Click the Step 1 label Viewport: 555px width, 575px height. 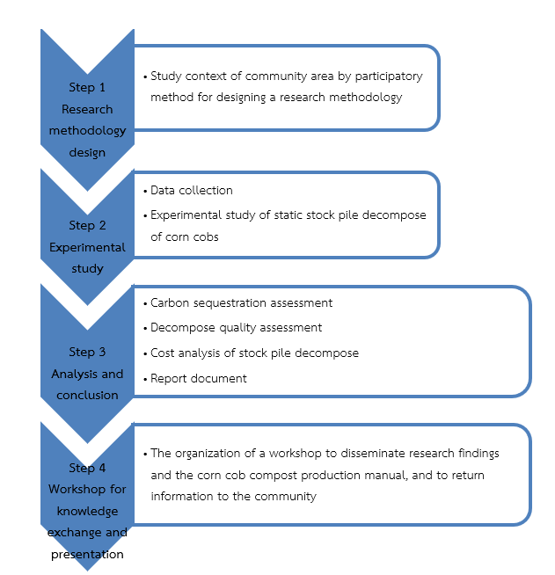[x=87, y=88]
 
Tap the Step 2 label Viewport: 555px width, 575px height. [x=87, y=225]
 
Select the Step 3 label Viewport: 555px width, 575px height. [x=87, y=352]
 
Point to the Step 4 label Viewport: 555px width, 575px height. [x=87, y=468]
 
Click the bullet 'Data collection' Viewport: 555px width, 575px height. [x=191, y=190]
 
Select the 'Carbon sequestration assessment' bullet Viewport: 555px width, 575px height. [x=241, y=302]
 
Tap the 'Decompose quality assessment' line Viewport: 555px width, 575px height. [x=236, y=327]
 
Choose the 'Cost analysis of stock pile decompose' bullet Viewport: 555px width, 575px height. [x=254, y=353]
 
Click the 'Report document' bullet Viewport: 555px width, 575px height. [x=198, y=378]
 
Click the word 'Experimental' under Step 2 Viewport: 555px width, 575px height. [x=87, y=247]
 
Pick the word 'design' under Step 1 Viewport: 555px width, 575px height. [x=87, y=152]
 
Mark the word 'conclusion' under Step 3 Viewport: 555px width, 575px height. [x=87, y=395]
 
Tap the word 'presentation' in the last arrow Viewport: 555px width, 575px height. [x=87, y=554]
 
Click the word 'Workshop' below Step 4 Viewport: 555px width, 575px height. [x=87, y=489]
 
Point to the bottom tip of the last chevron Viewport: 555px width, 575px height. [x=87, y=569]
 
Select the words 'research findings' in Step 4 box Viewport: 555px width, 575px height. [x=455, y=453]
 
